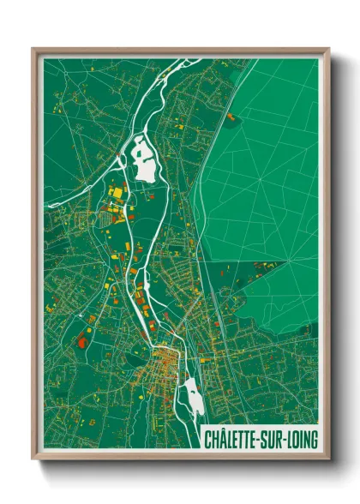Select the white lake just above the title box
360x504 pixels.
(x=193, y=399)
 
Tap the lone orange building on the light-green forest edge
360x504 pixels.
(x=230, y=114)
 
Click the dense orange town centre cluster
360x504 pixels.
(x=163, y=364)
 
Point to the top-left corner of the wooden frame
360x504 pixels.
(x=33, y=50)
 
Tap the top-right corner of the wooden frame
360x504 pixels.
(x=329, y=50)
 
